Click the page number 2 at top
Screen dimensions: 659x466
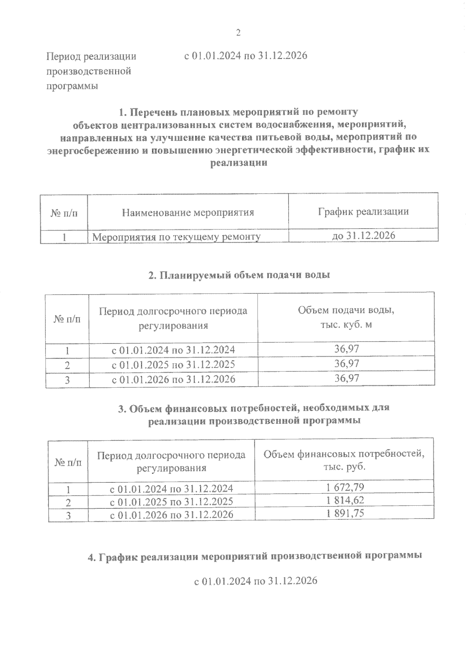click(x=238, y=33)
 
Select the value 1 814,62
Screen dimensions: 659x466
click(x=345, y=500)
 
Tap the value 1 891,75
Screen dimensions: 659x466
click(x=345, y=513)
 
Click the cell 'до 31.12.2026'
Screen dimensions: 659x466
click(x=363, y=235)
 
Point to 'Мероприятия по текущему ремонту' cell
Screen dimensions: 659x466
click(x=176, y=236)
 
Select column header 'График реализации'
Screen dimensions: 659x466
click(x=363, y=212)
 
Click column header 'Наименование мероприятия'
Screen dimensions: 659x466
click(x=188, y=212)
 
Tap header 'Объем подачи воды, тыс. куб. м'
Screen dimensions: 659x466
click(x=346, y=317)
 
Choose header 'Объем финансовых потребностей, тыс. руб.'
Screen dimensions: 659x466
click(x=344, y=460)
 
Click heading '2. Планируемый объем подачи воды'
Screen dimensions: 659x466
click(x=239, y=275)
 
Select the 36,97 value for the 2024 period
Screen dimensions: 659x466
click(x=347, y=349)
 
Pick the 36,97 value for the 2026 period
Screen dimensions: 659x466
click(x=347, y=378)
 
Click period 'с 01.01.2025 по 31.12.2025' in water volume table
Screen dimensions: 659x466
click(x=173, y=365)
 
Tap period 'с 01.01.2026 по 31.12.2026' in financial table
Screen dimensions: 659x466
click(x=172, y=515)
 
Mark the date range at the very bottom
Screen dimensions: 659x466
click(x=256, y=581)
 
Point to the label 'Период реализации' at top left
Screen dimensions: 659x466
click(x=91, y=57)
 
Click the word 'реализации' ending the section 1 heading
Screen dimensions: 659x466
click(x=238, y=163)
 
